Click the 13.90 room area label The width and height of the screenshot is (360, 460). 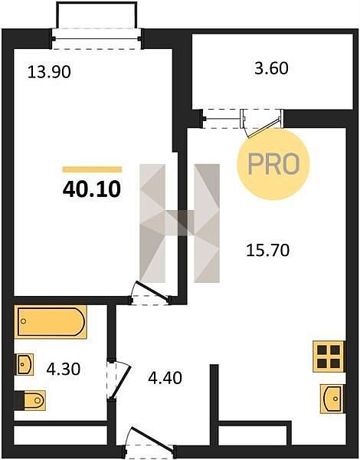click(49, 72)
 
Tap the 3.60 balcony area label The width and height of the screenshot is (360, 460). click(271, 68)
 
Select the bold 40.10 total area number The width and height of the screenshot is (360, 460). click(92, 189)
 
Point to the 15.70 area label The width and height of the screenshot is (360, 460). click(267, 250)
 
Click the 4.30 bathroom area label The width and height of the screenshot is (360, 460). click(64, 369)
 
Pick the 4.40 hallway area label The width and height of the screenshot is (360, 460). click(165, 377)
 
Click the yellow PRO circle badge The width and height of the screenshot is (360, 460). click(273, 164)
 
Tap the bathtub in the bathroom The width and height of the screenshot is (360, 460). click(51, 322)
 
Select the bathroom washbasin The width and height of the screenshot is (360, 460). click(24, 364)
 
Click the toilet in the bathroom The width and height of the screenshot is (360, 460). click(30, 400)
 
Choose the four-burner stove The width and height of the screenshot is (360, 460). click(329, 356)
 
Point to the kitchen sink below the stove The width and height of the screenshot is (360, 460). click(332, 399)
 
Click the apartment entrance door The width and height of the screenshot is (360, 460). click(150, 443)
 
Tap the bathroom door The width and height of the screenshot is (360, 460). click(119, 380)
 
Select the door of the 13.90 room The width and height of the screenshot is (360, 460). click(150, 293)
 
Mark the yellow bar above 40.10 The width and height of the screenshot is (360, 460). click(92, 169)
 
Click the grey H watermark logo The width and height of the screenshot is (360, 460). click(179, 223)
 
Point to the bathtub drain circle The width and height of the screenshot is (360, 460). click(24, 321)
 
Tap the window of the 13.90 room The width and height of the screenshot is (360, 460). click(97, 39)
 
